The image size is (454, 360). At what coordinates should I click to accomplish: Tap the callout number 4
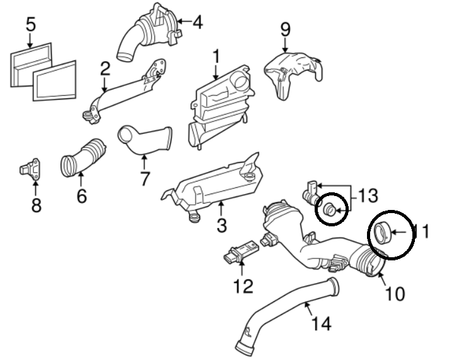[x=197, y=23]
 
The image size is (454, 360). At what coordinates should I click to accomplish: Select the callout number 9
[x=285, y=29]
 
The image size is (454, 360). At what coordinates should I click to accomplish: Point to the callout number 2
[x=105, y=67]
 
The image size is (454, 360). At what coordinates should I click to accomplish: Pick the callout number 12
[x=243, y=286]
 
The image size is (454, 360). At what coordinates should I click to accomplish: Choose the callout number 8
[x=36, y=205]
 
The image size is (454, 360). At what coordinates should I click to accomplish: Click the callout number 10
[x=395, y=293]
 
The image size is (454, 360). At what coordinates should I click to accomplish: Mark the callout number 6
[x=81, y=196]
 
